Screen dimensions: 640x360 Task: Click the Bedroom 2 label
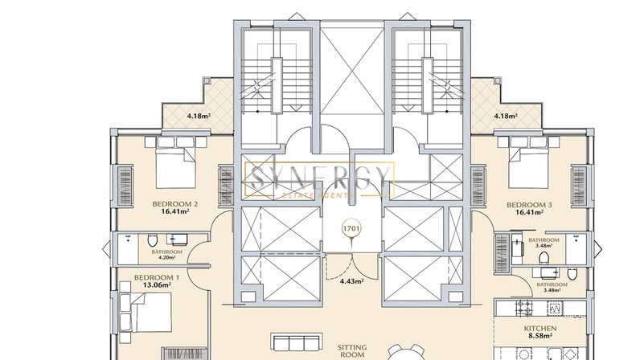pyautogui.click(x=175, y=203)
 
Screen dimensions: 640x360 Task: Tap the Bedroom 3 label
pyautogui.click(x=529, y=204)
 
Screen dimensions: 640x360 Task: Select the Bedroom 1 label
pyautogui.click(x=157, y=277)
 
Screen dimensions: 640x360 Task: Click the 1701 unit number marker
pyautogui.click(x=351, y=228)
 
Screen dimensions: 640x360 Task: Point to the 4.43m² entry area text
pyautogui.click(x=352, y=280)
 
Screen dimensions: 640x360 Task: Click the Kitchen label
pyautogui.click(x=540, y=328)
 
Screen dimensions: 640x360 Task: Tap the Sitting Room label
pyautogui.click(x=352, y=351)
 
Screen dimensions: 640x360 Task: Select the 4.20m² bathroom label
pyautogui.click(x=167, y=258)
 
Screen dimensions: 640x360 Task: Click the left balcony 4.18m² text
pyautogui.click(x=199, y=116)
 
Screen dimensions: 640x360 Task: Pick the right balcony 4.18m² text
pyautogui.click(x=506, y=116)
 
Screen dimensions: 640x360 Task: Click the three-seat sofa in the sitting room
pyautogui.click(x=297, y=342)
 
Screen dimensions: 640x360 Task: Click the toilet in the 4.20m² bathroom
pyautogui.click(x=152, y=240)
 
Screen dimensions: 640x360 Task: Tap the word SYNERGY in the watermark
pyautogui.click(x=319, y=178)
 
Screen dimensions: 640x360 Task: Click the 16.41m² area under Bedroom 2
pyautogui.click(x=175, y=211)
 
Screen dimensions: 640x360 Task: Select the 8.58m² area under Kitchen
pyautogui.click(x=540, y=336)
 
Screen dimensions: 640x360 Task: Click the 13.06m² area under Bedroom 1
pyautogui.click(x=157, y=285)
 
